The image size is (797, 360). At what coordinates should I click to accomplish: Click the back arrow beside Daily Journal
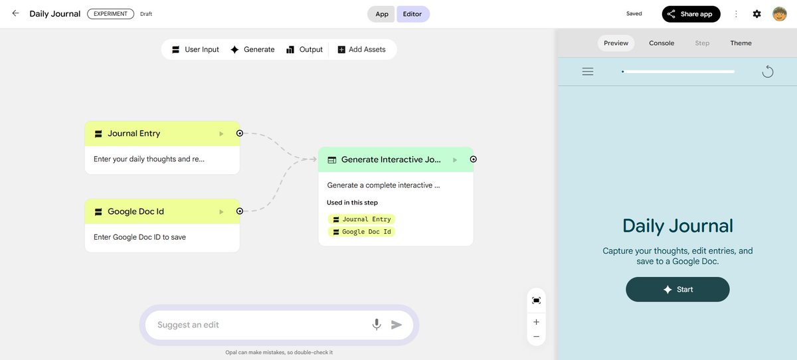15,13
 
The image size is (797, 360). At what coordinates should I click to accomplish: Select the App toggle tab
382,14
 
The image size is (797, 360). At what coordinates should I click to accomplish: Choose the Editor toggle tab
412,14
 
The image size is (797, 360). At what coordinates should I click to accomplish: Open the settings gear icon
756,14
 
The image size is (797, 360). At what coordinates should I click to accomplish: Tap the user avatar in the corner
779,14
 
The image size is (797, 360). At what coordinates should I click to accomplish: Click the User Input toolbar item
195,50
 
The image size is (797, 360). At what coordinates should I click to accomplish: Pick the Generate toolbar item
252,50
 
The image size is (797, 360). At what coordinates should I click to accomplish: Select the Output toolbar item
304,50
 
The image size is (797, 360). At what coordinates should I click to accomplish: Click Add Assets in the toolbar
361,50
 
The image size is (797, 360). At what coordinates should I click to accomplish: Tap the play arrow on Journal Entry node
221,134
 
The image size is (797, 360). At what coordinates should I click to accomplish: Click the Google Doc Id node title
135,212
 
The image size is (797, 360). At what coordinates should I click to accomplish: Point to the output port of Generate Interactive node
473,159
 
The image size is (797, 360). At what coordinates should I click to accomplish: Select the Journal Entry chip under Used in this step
361,219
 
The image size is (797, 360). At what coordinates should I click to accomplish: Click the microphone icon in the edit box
377,325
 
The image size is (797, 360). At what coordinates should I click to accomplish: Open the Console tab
662,43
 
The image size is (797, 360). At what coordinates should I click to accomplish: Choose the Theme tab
741,43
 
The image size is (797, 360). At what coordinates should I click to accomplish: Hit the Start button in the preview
677,290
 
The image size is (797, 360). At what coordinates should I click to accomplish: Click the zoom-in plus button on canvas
536,322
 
